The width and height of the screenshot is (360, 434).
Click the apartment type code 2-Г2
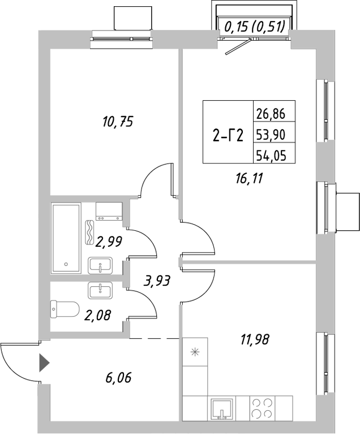pyautogui.click(x=228, y=135)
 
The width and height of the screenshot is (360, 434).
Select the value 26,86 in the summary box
pyautogui.click(x=271, y=114)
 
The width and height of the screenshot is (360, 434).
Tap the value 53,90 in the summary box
pyautogui.click(x=271, y=135)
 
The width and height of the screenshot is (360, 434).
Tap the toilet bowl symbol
pyautogui.click(x=65, y=309)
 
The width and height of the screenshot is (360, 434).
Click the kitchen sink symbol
pyautogui.click(x=222, y=407)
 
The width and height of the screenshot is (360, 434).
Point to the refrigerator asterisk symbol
pyautogui.click(x=195, y=352)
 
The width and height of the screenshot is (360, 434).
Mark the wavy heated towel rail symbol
pyautogui.click(x=91, y=232)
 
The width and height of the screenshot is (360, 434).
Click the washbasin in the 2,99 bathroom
pyautogui.click(x=102, y=265)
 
